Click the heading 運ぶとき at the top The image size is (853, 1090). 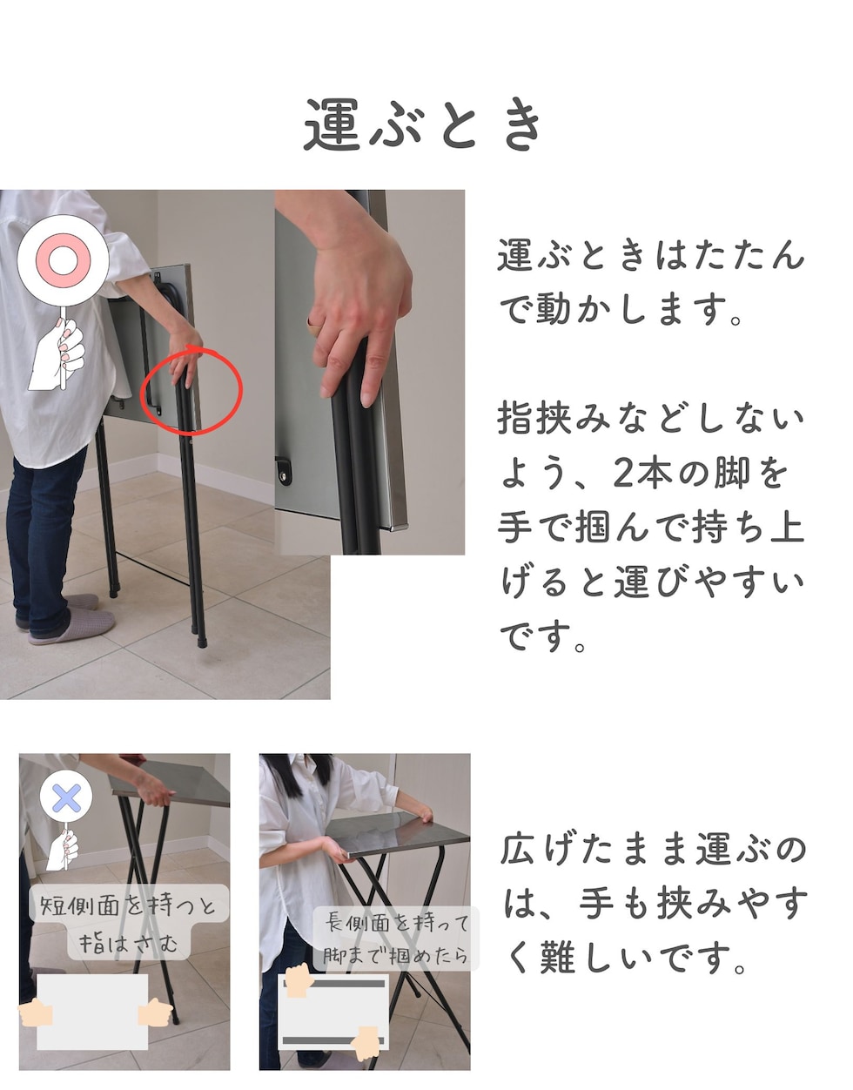click(424, 124)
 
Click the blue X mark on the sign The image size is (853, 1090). click(67, 797)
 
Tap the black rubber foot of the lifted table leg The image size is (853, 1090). click(202, 641)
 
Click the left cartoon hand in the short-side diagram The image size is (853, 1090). click(36, 1012)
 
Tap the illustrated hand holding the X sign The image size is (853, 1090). click(63, 848)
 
